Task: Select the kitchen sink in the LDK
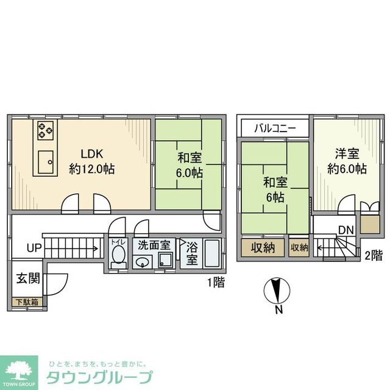(46, 162)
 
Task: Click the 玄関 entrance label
(28, 279)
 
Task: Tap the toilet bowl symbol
(118, 255)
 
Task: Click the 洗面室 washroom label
(153, 246)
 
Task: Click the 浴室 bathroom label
(191, 253)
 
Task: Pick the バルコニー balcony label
(275, 129)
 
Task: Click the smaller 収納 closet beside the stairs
(299, 247)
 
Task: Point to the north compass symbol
(278, 291)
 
